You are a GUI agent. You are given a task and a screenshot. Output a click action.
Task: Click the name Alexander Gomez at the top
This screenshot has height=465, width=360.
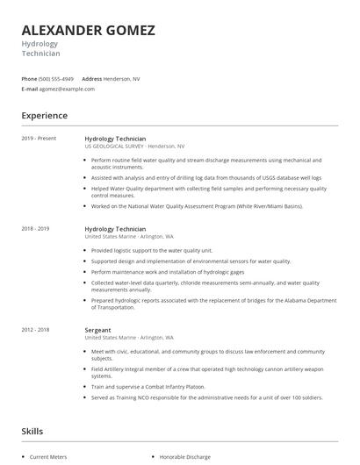click(x=88, y=30)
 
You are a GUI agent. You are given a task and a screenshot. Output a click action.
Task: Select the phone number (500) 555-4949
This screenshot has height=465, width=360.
click(x=57, y=79)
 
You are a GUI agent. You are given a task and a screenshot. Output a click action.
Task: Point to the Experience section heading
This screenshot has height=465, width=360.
click(x=44, y=115)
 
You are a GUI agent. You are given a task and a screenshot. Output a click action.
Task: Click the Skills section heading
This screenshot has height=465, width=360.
click(x=32, y=431)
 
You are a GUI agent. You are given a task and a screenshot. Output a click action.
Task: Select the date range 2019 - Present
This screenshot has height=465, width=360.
click(x=38, y=139)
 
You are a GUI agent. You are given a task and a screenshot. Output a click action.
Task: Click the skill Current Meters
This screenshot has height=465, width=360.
click(x=48, y=457)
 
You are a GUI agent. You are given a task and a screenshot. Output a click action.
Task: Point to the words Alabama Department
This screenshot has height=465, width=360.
click(x=306, y=300)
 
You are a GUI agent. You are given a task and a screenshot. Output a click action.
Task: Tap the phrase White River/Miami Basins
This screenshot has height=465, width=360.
click(x=267, y=205)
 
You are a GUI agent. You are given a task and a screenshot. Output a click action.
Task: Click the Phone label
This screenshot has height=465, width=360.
click(x=29, y=79)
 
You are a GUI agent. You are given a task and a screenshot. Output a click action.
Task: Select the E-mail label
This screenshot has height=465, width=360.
click(x=30, y=89)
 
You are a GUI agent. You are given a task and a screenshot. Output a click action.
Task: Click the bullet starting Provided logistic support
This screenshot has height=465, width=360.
click(x=151, y=250)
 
